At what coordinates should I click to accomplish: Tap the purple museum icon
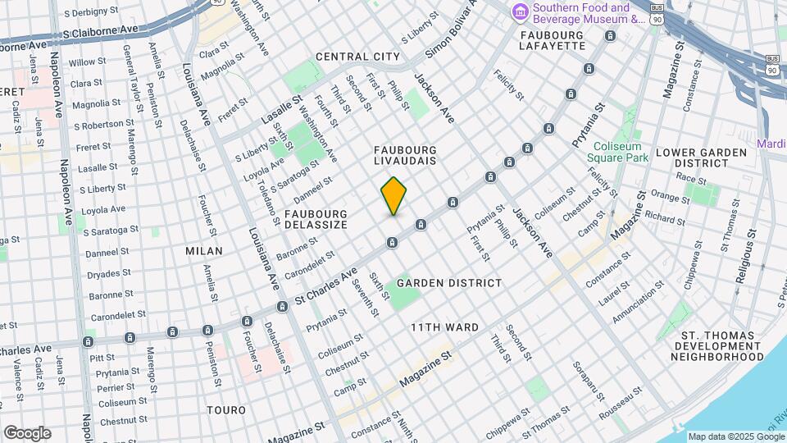pos(519,12)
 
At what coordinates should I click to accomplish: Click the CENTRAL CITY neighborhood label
pos(357,57)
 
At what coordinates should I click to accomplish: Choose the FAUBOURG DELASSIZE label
pos(316,219)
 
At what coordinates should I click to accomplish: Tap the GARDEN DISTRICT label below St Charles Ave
pos(448,283)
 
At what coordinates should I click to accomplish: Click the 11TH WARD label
pos(444,327)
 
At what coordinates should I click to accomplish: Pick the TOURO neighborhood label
pos(226,409)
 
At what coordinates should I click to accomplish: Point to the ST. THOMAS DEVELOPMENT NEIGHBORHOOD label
pos(717,346)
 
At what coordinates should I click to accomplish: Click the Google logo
pos(27,433)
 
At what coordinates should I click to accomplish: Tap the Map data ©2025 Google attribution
pos(735,436)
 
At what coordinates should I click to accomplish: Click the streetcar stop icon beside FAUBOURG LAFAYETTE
pos(610,36)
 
